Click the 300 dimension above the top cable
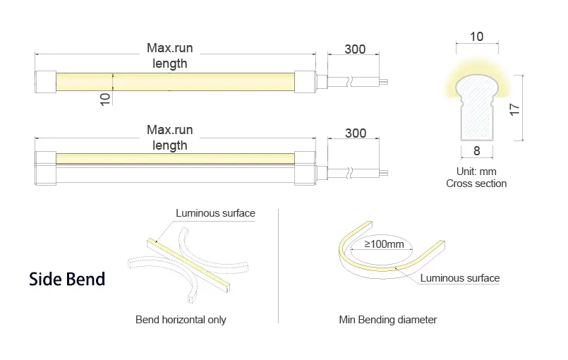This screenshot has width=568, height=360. click(355, 49)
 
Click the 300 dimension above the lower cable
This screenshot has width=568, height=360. click(356, 133)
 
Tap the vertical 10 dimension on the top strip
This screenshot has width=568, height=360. click(105, 100)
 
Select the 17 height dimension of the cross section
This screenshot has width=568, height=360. click(514, 109)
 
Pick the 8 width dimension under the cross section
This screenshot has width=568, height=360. click(477, 150)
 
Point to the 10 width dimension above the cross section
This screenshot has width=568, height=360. click(477, 36)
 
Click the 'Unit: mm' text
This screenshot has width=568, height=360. click(476, 171)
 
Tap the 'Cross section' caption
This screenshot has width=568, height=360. click(476, 184)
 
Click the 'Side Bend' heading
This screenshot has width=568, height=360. click(67, 279)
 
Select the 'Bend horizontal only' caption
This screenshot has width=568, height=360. click(181, 320)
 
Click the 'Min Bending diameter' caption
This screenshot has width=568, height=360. click(387, 320)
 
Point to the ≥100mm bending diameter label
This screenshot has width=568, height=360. click(384, 244)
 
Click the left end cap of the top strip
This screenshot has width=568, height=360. click(46, 82)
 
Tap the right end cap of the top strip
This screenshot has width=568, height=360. click(305, 82)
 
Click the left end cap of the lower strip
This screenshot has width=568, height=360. click(46, 168)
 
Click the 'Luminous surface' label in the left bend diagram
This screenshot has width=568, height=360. click(215, 213)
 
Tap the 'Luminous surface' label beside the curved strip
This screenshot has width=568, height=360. click(460, 278)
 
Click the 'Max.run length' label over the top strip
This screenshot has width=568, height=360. click(169, 56)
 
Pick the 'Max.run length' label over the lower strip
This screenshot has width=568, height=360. click(169, 138)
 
